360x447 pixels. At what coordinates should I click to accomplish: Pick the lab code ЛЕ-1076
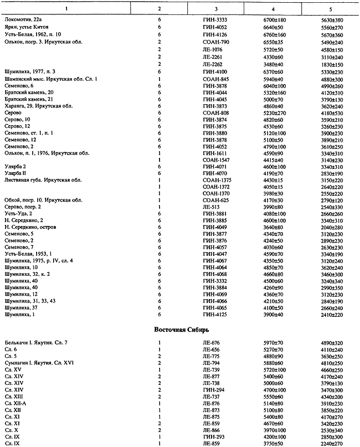[215, 50]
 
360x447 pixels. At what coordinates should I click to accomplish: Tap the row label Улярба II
[16, 174]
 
